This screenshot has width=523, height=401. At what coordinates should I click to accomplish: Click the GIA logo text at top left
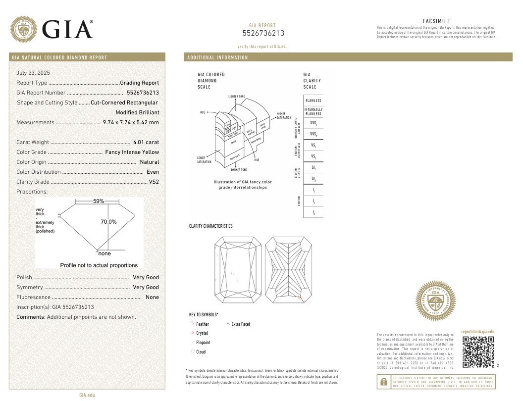[x=68, y=29]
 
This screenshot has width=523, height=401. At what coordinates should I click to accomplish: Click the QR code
[x=478, y=352]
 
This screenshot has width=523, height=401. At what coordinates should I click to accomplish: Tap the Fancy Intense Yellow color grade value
[x=132, y=152]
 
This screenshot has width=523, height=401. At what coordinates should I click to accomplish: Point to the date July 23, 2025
[x=33, y=73]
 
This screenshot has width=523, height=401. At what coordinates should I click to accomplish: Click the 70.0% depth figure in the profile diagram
[x=108, y=222]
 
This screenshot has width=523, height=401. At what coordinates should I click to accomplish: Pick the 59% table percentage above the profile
[x=99, y=201]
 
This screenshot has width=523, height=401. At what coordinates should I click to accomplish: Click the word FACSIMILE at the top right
[x=436, y=21]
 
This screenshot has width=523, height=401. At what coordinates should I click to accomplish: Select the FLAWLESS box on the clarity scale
[x=313, y=100]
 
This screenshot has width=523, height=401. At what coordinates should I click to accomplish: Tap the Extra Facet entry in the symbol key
[x=241, y=324]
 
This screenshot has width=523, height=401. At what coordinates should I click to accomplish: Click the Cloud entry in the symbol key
[x=201, y=351]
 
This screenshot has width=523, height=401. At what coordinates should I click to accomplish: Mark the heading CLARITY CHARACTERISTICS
[x=210, y=226]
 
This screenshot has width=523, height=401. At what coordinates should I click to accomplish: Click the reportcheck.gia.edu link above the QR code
[x=477, y=332]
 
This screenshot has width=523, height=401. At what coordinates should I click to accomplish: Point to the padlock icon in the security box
[x=383, y=382]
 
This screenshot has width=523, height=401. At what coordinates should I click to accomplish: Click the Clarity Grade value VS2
[x=154, y=182]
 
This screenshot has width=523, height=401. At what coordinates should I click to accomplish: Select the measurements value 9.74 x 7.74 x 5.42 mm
[x=131, y=122]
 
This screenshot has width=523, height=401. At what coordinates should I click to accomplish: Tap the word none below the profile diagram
[x=105, y=253]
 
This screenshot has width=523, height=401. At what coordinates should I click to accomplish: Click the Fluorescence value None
[x=152, y=297]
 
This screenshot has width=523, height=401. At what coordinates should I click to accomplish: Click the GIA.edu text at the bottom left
[x=87, y=395]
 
